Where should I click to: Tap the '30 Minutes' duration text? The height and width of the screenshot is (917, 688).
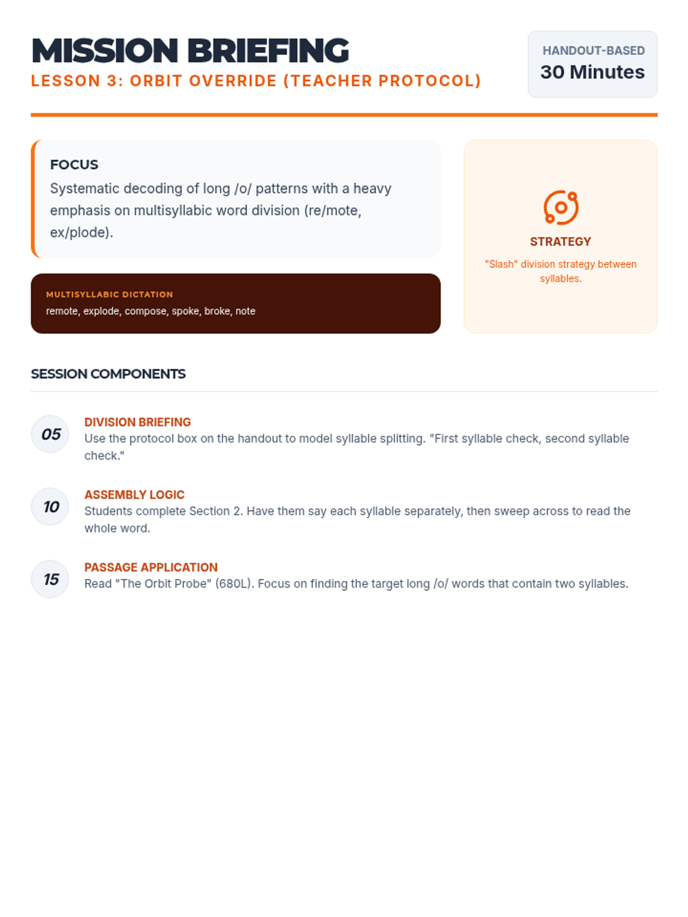592,72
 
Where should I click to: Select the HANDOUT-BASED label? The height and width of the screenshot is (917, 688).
593,50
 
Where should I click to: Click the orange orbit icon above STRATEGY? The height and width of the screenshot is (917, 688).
561,207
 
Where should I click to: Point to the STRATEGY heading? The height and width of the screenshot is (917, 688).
560,242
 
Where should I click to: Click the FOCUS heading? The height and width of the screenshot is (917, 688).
74,165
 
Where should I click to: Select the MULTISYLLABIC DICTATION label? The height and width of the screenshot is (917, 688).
110,295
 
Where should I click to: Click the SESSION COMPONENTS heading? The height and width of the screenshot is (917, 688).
108,374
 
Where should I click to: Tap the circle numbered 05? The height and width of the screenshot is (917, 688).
50,434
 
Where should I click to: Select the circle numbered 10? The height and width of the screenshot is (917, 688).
50,507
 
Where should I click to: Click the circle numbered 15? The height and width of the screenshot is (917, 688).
50,579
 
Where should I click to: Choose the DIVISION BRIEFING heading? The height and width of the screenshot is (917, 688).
138,422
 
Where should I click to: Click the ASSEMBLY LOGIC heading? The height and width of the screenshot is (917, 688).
135,495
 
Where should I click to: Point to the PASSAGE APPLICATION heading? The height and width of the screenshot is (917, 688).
151,567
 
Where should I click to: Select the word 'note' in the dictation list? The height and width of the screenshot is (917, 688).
245,311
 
